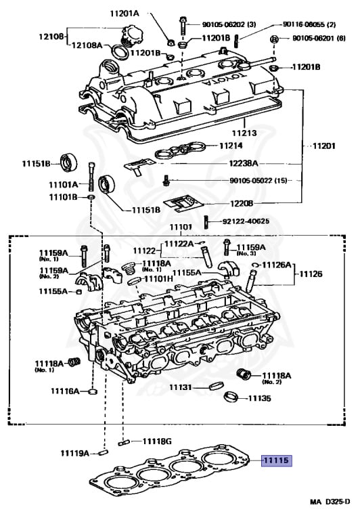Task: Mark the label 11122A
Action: pos(181,243)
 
